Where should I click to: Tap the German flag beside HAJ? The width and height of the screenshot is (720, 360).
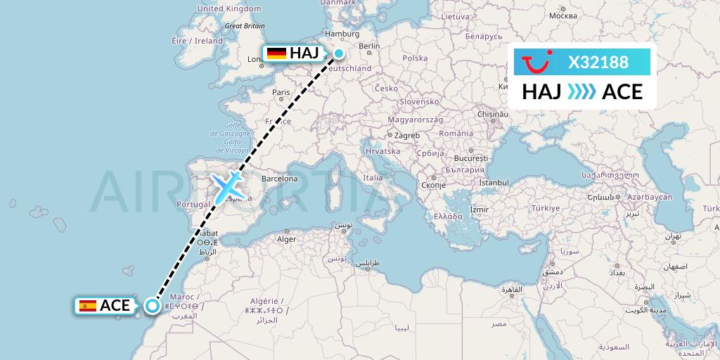click(x=276, y=53)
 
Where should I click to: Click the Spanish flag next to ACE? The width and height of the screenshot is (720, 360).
click(x=88, y=305)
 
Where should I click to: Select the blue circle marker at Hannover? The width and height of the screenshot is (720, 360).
click(x=339, y=53)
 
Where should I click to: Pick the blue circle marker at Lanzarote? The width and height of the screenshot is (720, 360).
click(x=152, y=305)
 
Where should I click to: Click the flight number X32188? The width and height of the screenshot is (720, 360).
click(x=598, y=63)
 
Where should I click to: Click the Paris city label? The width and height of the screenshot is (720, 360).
click(x=281, y=92)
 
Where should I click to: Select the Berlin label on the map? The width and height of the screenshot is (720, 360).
click(x=369, y=46)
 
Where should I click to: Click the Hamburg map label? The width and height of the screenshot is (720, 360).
click(x=342, y=34)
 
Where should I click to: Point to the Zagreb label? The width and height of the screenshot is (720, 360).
click(x=407, y=135)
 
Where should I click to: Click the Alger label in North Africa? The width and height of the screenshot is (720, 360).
click(x=287, y=239)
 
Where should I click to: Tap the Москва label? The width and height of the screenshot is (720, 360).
click(x=562, y=15)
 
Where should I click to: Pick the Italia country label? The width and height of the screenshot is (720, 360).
click(x=373, y=178)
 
